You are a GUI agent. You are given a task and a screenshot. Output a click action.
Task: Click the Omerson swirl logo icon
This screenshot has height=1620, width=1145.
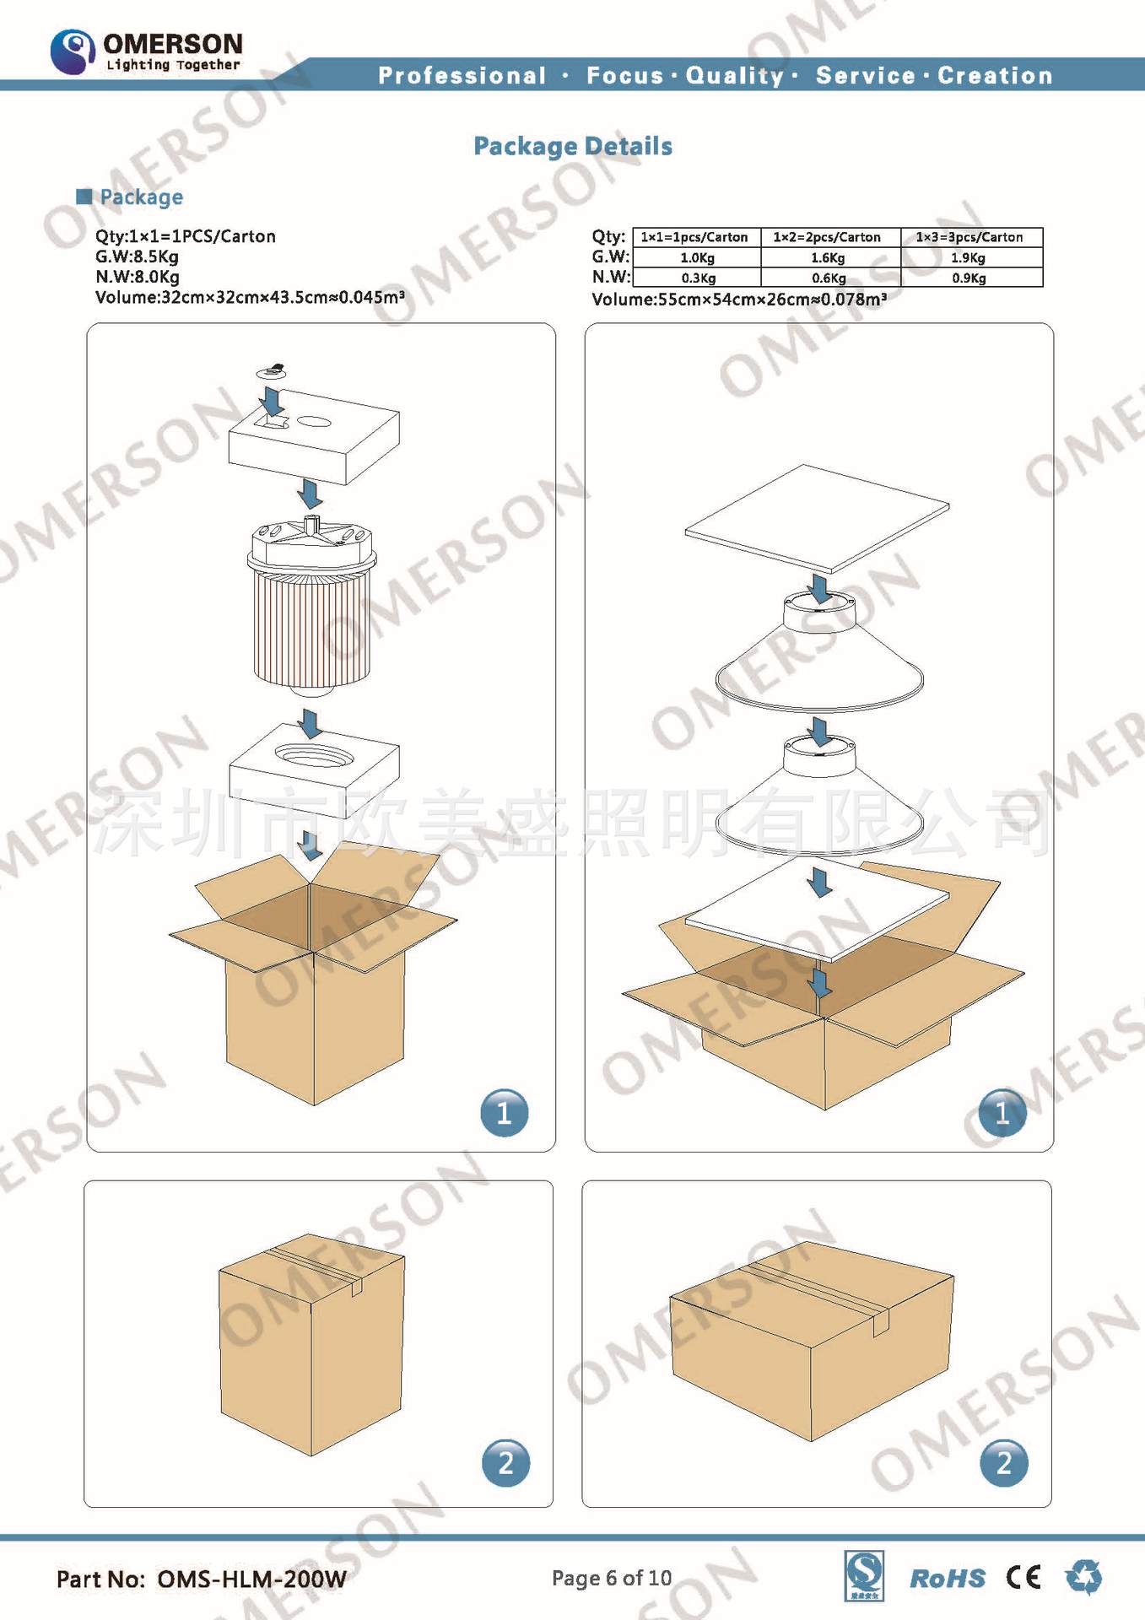[73, 51]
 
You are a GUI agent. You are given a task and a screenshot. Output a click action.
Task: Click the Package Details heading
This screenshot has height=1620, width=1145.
[573, 147]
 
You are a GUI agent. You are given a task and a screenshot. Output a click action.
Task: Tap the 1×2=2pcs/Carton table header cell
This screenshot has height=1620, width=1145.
[827, 237]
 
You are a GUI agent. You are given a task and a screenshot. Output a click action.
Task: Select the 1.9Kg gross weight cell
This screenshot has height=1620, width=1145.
[969, 257]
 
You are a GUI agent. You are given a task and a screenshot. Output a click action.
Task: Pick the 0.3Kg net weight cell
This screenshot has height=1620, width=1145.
[698, 278]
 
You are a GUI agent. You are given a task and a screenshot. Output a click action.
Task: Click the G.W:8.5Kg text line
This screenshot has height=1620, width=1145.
[137, 256]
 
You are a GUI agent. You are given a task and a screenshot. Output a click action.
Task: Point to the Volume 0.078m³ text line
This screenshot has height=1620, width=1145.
[739, 299]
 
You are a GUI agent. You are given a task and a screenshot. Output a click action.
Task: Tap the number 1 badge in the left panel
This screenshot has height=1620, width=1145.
[505, 1113]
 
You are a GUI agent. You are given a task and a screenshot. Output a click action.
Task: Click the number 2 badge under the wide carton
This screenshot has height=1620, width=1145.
[1004, 1462]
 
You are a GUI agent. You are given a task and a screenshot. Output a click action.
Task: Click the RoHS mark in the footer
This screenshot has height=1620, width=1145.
[948, 1579]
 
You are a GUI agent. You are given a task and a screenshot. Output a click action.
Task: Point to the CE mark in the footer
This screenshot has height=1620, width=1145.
[1023, 1577]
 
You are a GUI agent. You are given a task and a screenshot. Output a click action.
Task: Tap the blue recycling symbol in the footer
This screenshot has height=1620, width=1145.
[1083, 1576]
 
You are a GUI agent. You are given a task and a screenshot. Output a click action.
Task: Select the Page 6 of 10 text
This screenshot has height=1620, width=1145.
[612, 1578]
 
